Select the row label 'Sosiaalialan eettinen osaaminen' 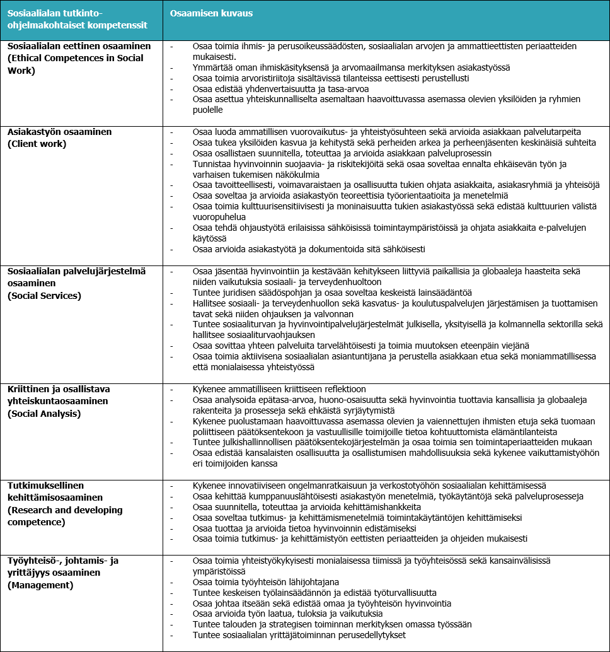click(79, 47)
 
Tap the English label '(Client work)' click(37, 144)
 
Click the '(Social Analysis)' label click(44, 414)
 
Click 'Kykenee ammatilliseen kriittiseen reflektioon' click(279, 389)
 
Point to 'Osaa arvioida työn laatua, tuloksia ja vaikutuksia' click(287, 614)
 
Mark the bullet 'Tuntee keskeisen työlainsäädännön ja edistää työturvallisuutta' click(314, 592)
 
